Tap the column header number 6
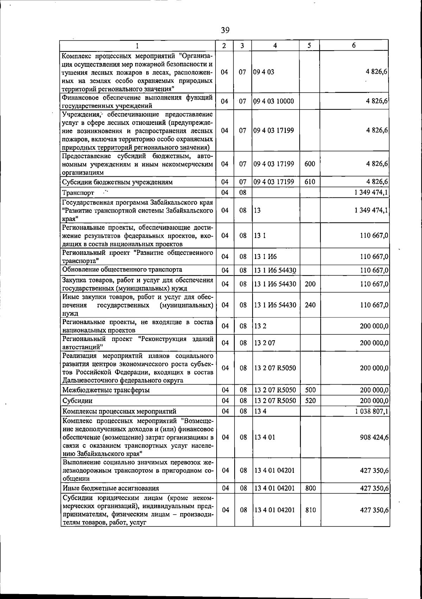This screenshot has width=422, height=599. point(354,45)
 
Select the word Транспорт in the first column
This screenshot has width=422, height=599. point(78,193)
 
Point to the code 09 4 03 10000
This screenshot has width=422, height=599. point(274,101)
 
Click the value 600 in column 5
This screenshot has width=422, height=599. point(309,164)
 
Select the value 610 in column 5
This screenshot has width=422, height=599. point(309,182)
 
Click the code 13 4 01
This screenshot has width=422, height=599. point(264,437)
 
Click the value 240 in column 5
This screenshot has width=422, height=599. point(310,305)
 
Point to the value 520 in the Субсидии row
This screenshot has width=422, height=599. point(310,401)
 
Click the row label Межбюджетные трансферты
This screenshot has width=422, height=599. point(106,390)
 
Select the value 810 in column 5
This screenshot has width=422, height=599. point(310,510)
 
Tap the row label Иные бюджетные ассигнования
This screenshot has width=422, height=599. point(110,488)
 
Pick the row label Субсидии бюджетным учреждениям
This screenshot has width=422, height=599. point(117,182)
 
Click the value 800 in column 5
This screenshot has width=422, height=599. point(310,488)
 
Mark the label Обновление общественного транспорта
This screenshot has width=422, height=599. point(122,270)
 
